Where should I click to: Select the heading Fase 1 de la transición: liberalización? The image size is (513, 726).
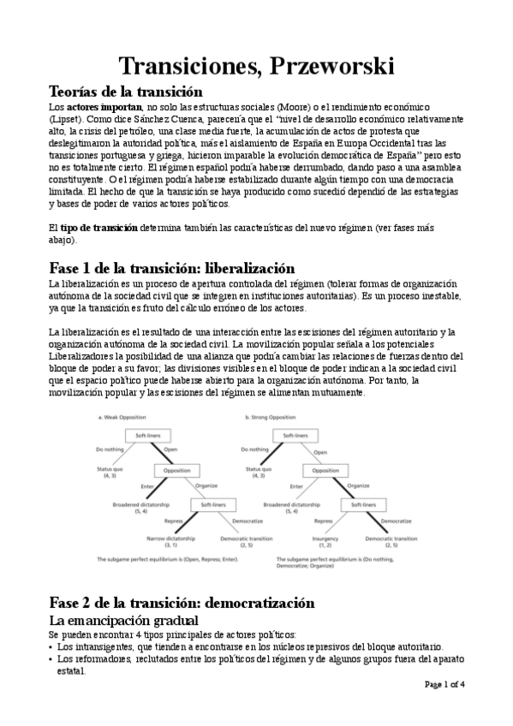[172, 268]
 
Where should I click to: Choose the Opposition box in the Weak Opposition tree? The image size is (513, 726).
[176, 469]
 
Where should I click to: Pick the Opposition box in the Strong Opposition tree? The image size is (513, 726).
[325, 469]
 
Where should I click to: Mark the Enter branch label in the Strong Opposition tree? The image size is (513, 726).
[296, 487]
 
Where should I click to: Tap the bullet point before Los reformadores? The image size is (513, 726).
[51, 660]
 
